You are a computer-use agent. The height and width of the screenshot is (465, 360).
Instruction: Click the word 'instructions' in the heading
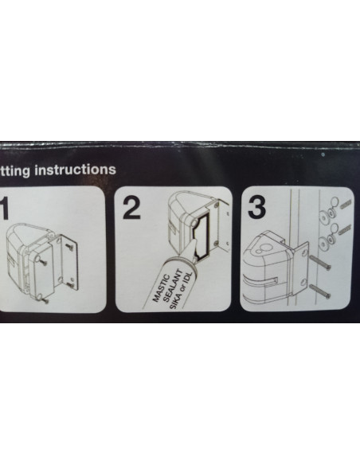click(x=72, y=170)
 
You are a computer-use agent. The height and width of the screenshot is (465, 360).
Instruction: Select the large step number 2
click(x=132, y=209)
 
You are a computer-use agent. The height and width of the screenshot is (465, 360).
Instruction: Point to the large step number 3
click(x=256, y=209)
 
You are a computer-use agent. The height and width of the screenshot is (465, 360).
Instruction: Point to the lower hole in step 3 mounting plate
click(x=302, y=281)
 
